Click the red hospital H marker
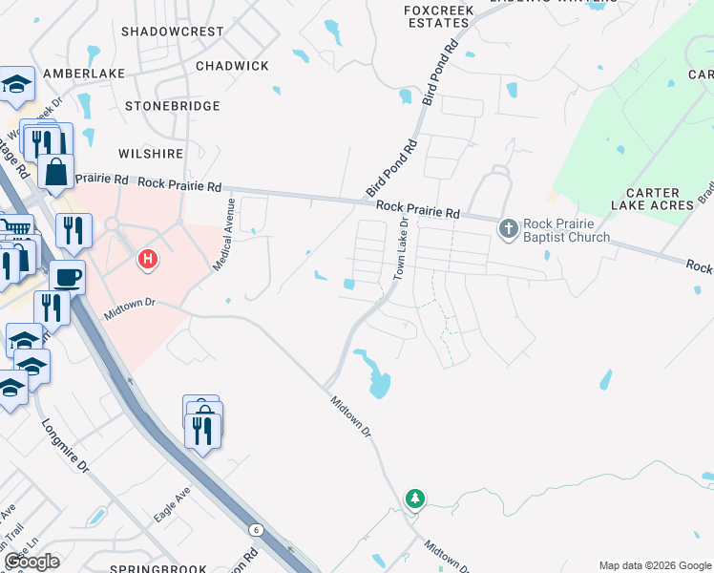click(x=147, y=258)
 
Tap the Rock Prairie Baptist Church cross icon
click(x=508, y=227)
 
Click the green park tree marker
click(x=414, y=498)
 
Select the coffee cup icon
click(x=67, y=277)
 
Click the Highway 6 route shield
click(x=256, y=529)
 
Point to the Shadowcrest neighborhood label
click(x=173, y=32)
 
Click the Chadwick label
click(x=232, y=66)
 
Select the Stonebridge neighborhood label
click(x=172, y=106)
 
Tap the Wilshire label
click(x=150, y=153)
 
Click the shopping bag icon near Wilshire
click(x=56, y=172)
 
